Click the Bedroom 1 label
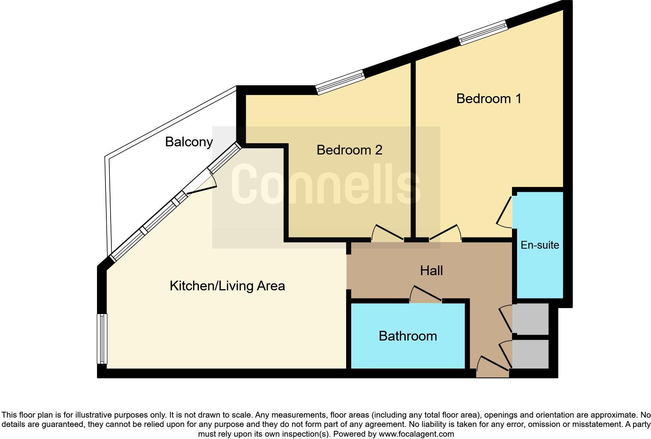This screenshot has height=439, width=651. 489,98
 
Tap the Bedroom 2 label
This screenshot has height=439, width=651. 349,150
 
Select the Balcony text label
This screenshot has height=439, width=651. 189,142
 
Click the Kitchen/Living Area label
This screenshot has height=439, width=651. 227,286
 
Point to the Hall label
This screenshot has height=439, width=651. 431,270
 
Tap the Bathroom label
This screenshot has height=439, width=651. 408,336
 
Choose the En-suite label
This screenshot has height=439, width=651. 540,245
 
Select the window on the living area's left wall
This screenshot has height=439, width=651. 102,339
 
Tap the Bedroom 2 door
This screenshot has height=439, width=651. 387,234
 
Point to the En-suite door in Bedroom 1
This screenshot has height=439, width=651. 505,212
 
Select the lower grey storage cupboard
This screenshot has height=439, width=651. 530,354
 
